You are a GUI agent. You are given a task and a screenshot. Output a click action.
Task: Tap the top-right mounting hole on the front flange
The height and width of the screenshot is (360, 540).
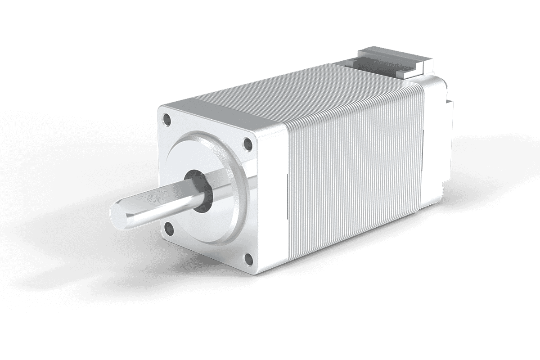pyautogui.click(x=247, y=144)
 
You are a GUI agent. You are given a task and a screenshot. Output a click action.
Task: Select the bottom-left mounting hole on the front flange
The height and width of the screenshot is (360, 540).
pyautogui.click(x=169, y=229)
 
